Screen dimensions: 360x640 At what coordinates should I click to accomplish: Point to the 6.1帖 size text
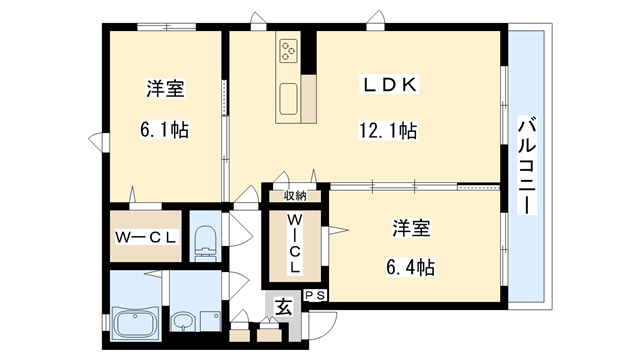click(x=163, y=130)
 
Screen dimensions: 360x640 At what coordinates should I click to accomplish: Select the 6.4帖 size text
click(x=411, y=267)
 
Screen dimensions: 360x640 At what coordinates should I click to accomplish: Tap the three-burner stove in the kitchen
click(x=290, y=51)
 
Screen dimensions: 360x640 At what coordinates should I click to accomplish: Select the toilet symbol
click(x=205, y=239)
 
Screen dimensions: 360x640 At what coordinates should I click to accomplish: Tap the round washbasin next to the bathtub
click(x=184, y=323)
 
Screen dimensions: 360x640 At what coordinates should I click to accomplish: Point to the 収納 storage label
click(x=294, y=196)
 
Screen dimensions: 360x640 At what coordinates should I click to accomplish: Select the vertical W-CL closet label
click(x=294, y=244)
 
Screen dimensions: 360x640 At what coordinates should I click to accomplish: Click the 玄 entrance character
click(x=285, y=307)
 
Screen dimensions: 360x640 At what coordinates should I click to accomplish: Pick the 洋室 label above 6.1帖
click(x=163, y=89)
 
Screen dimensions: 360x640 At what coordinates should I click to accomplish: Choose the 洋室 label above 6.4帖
click(x=411, y=228)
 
